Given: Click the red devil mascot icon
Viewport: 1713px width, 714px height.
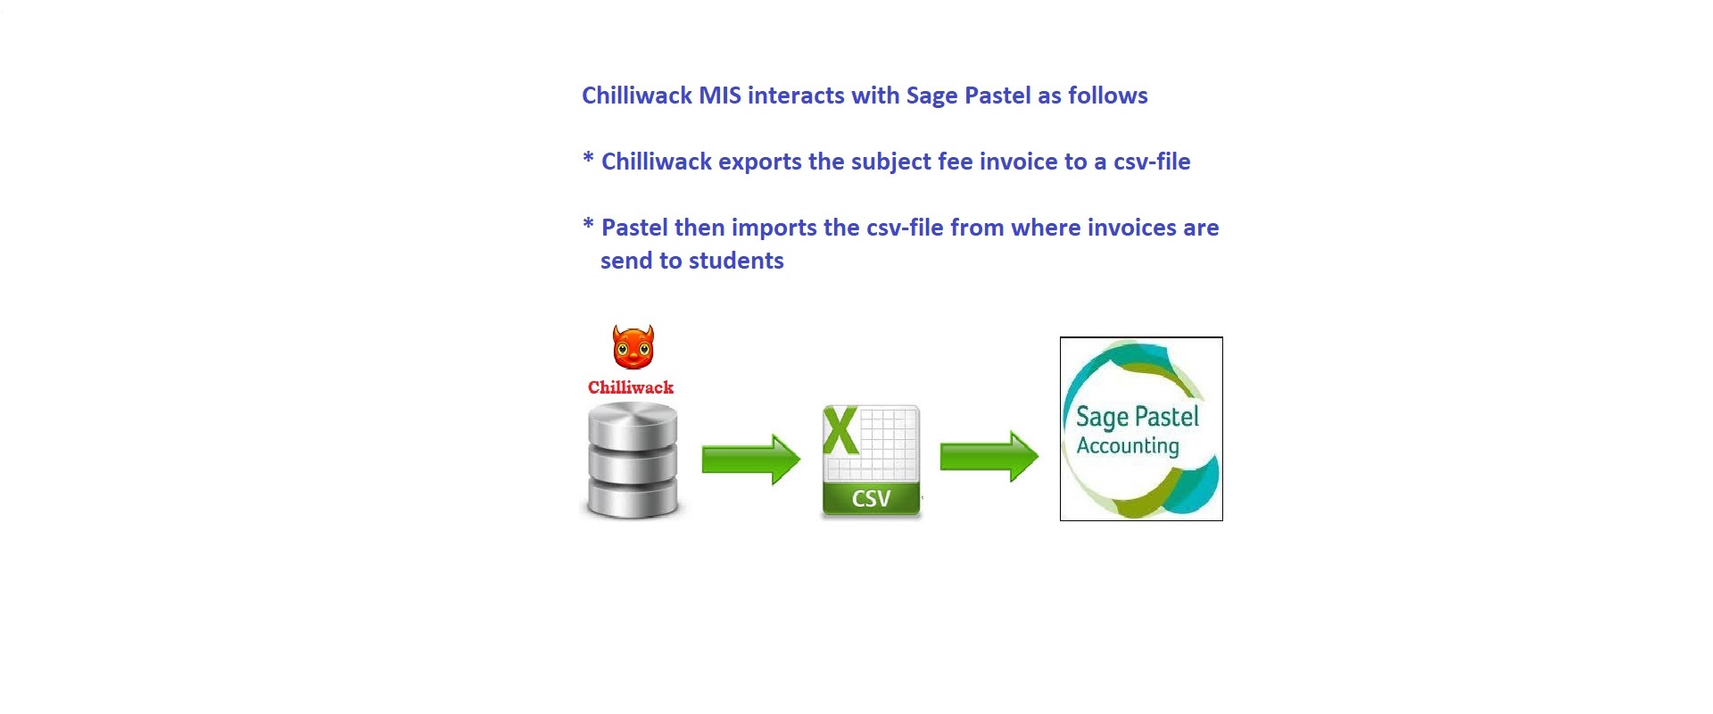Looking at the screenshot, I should pos(633,347).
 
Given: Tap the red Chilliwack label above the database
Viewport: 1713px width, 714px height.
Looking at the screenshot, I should pos(631,387).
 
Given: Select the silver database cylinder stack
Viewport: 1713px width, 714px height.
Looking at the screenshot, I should pos(633,461).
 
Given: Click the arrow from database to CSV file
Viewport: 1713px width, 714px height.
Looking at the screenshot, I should pos(750,460).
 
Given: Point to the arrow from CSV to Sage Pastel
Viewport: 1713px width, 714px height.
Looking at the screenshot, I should pos(989,457).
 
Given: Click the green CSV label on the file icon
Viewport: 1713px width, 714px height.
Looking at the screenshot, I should pos(871,498).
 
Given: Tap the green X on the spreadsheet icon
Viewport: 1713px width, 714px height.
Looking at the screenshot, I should pos(840,431).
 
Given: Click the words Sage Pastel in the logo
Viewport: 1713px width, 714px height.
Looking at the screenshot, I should pos(1137,417).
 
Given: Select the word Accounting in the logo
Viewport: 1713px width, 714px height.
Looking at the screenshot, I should pos(1128,445).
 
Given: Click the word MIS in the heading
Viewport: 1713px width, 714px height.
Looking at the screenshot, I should pos(719,95).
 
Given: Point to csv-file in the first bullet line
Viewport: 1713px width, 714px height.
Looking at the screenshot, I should pos(1151,162).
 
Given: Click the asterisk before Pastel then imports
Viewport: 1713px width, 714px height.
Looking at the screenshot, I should pos(588,223).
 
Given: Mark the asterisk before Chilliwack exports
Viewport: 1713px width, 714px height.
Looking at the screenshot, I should pos(588,158).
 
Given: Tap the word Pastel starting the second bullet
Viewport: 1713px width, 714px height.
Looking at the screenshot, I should pos(634,228).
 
